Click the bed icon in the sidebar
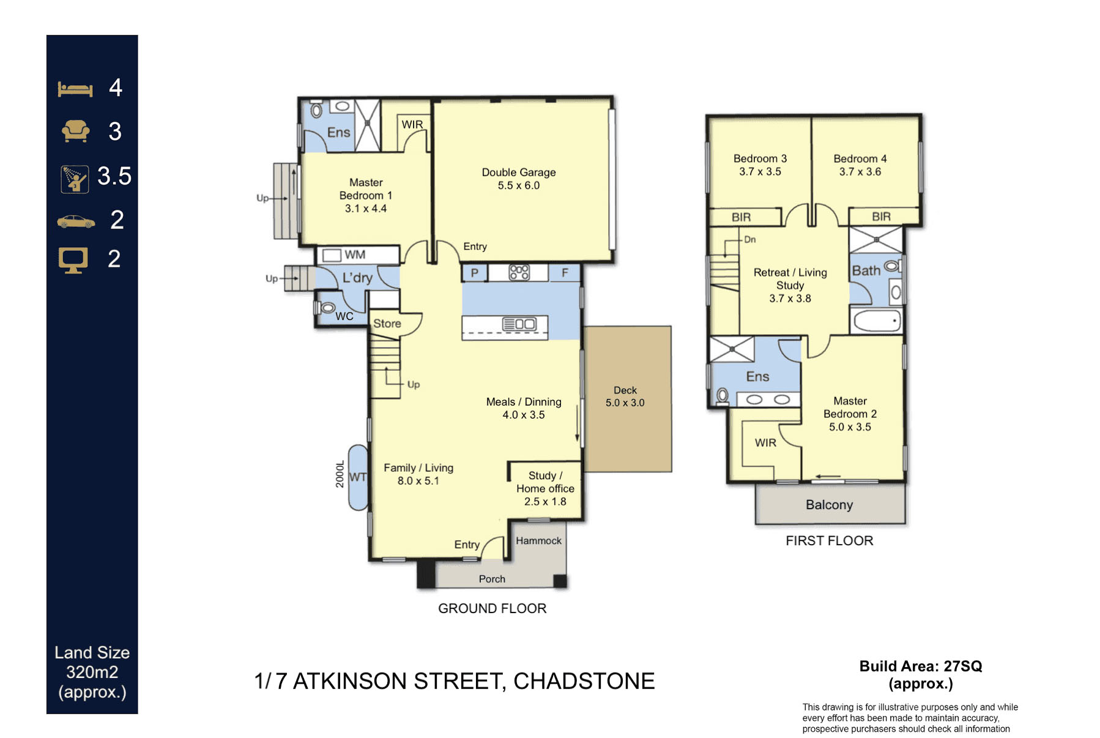pyautogui.click(x=75, y=89)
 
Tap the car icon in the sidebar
pyautogui.click(x=76, y=222)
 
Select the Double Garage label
pyautogui.click(x=518, y=173)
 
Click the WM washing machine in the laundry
pyautogui.click(x=332, y=255)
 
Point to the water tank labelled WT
pyautogui.click(x=358, y=477)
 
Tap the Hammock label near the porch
pyautogui.click(x=538, y=541)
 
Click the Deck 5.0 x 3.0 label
pyautogui.click(x=625, y=397)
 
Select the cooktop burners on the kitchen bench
pyautogui.click(x=519, y=272)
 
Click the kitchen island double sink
pyautogui.click(x=519, y=324)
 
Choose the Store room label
pyautogui.click(x=387, y=324)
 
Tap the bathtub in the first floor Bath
pyautogui.click(x=876, y=321)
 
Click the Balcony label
pyautogui.click(x=829, y=505)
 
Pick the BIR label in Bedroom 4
pyautogui.click(x=881, y=217)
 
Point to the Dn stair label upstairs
pyautogui.click(x=749, y=239)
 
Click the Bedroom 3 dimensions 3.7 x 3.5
pyautogui.click(x=760, y=172)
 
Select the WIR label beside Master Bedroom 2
pyautogui.click(x=765, y=442)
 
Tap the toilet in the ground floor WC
pyautogui.click(x=327, y=307)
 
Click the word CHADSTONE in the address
pyautogui.click(x=584, y=681)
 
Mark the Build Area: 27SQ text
pyautogui.click(x=920, y=666)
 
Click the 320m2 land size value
pyautogui.click(x=92, y=672)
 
